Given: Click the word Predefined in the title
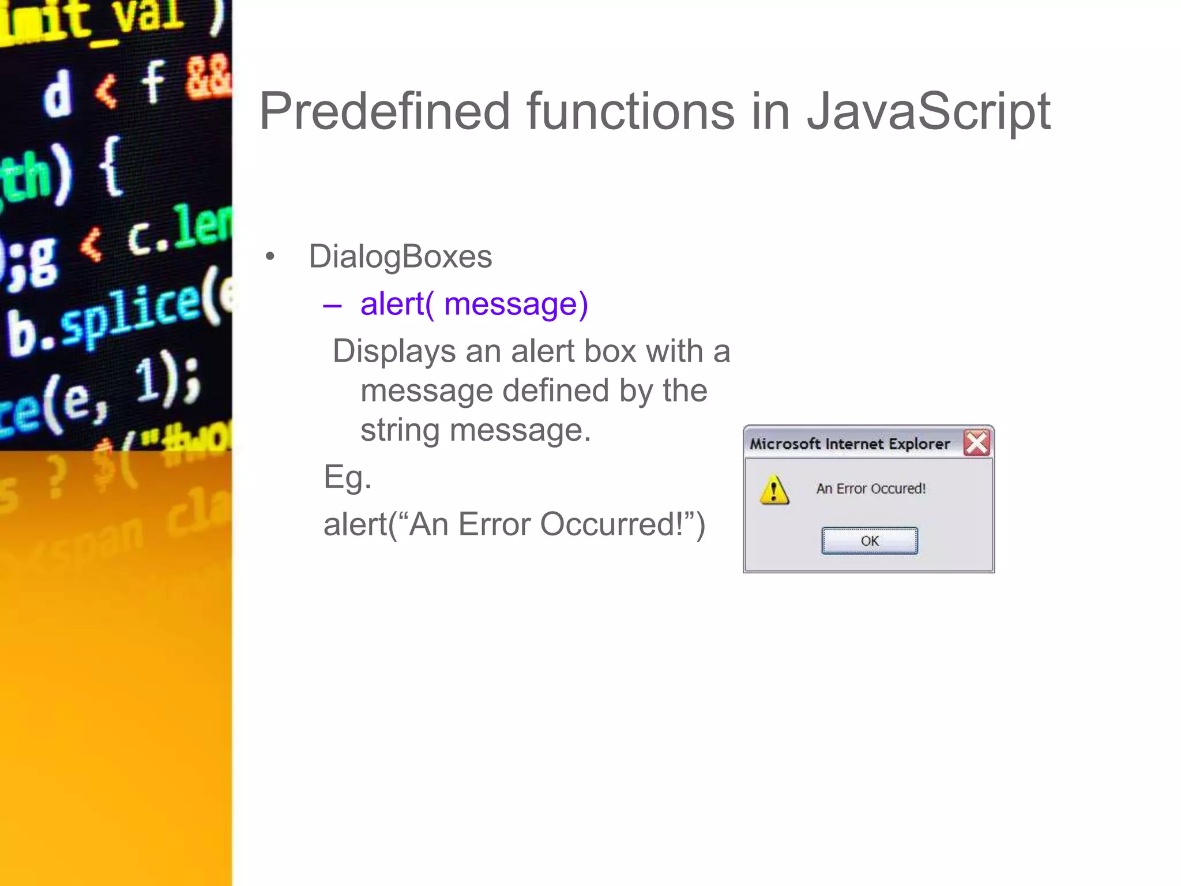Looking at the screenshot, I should tap(385, 111).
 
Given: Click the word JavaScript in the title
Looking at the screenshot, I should tap(928, 111).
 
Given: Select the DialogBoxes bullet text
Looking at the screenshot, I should tap(400, 257).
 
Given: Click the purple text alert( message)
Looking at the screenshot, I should tap(473, 304).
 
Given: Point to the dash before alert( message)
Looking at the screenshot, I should tap(332, 305).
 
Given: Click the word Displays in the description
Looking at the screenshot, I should tap(394, 351).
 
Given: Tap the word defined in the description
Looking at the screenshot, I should tap(555, 391).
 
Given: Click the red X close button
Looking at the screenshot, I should tap(976, 443).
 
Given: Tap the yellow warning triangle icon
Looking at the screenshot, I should tap(774, 490).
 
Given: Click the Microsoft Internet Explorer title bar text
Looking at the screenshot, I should tap(849, 444).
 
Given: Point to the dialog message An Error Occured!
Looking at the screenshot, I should tap(870, 489).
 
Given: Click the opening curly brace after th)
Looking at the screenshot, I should tap(111, 167).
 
